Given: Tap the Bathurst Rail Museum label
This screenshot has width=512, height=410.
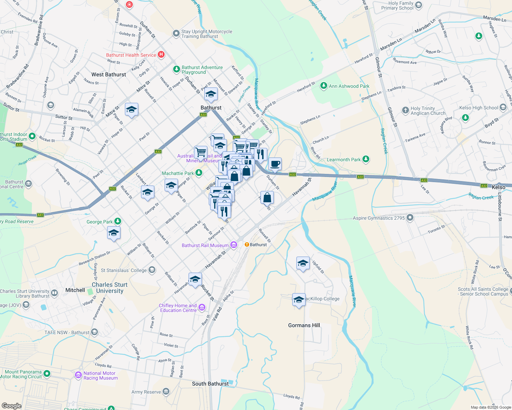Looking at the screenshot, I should coord(205,245).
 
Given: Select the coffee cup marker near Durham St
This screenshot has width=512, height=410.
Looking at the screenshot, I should coord(275,164).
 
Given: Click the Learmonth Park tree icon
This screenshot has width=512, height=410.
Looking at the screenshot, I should coord(366,159).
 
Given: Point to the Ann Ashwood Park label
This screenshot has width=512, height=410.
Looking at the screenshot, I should coord(349,86).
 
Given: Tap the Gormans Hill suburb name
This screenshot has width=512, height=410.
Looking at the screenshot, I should coord(304,325).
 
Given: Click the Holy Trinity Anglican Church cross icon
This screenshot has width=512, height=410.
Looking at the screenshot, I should coord(406,110).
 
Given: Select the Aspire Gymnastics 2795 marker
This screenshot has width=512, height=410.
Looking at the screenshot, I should coord(410,218).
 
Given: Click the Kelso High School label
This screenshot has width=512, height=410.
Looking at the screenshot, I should coord(478,108).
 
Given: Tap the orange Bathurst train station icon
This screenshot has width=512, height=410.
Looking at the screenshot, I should coord(247,245).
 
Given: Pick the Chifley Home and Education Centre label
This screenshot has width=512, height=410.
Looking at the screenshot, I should coord(178,308).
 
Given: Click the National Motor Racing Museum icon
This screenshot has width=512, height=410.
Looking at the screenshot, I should coord(78,375).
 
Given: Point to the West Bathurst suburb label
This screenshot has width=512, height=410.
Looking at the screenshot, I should coord(108,74).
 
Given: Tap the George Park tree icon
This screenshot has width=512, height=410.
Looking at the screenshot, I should coord(117,221).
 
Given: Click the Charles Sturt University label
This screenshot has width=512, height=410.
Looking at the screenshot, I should coord(110,288).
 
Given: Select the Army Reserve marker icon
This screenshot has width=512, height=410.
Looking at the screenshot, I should coord(166,391).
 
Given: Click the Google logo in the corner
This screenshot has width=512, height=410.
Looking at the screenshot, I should coord(11,406).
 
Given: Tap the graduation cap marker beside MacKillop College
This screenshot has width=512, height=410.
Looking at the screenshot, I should coord(299,300).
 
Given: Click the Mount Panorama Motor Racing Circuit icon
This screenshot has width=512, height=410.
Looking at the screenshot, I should coord(47,374).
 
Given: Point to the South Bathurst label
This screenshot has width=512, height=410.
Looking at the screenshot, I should coord(210,384).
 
